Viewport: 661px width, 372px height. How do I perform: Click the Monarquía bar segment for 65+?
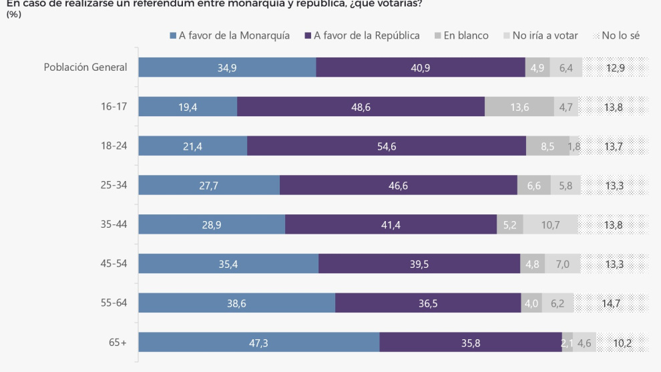coord(258,342)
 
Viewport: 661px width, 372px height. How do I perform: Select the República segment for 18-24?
coord(387,146)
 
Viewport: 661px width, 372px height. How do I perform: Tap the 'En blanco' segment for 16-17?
coord(519,107)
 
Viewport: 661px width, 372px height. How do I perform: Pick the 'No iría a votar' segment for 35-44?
coord(550,224)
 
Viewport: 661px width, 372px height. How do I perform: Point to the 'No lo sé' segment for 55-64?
coord(611,303)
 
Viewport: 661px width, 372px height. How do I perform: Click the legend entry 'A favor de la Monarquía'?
coord(230,35)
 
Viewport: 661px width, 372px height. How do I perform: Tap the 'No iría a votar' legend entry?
coord(540,35)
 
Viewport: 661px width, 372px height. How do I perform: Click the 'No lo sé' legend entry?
coord(616,35)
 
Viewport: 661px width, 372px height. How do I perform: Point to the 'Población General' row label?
coord(85,67)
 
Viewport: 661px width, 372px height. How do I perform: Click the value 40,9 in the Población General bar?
coord(421,67)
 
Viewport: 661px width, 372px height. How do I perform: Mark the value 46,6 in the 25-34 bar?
coord(399,186)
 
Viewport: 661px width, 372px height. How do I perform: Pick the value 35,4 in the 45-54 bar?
coord(228,264)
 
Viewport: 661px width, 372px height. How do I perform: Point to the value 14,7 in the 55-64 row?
coord(611,303)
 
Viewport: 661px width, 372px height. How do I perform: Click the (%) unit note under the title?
coord(13,13)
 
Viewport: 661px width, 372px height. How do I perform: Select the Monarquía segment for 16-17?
coord(188,107)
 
